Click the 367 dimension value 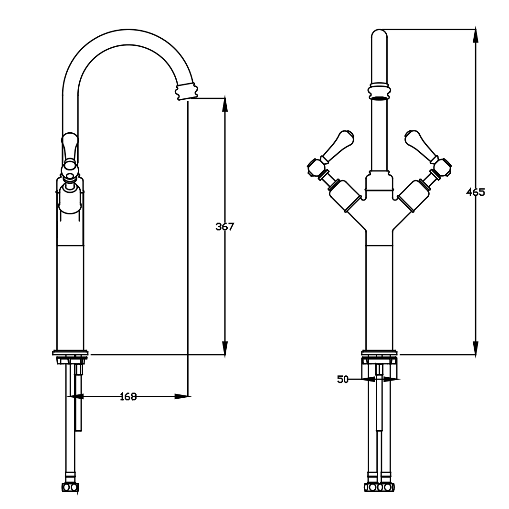point(224,227)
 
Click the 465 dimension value point(475,192)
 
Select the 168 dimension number point(128,396)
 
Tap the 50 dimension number point(342,380)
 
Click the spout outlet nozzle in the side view point(186,91)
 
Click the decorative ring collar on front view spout point(380,90)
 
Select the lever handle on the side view point(69,148)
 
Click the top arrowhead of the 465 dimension point(475,36)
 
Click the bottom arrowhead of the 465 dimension point(475,348)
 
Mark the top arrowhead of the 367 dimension point(225,105)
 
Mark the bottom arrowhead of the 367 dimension point(225,348)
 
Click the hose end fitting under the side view point(70,487)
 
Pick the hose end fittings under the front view point(380,487)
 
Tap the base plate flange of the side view point(71,353)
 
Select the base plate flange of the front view point(380,353)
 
